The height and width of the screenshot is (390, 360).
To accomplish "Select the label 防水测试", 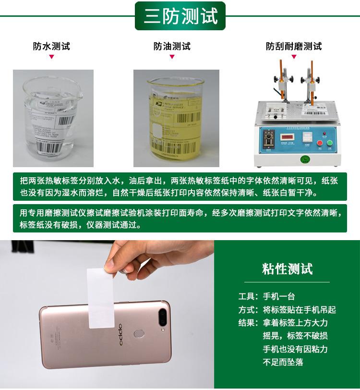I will click(51, 47).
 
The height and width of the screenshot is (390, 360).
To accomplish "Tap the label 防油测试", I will click(172, 47).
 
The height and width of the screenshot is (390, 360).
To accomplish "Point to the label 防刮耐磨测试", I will click(294, 47).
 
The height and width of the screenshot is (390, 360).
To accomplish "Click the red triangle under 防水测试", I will click(51, 57).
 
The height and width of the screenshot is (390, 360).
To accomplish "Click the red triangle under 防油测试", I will click(172, 57).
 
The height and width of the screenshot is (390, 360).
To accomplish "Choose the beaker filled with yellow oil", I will click(176, 120).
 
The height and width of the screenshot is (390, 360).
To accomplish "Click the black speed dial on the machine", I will click(267, 137).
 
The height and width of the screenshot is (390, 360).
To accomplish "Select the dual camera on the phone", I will click(163, 317).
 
